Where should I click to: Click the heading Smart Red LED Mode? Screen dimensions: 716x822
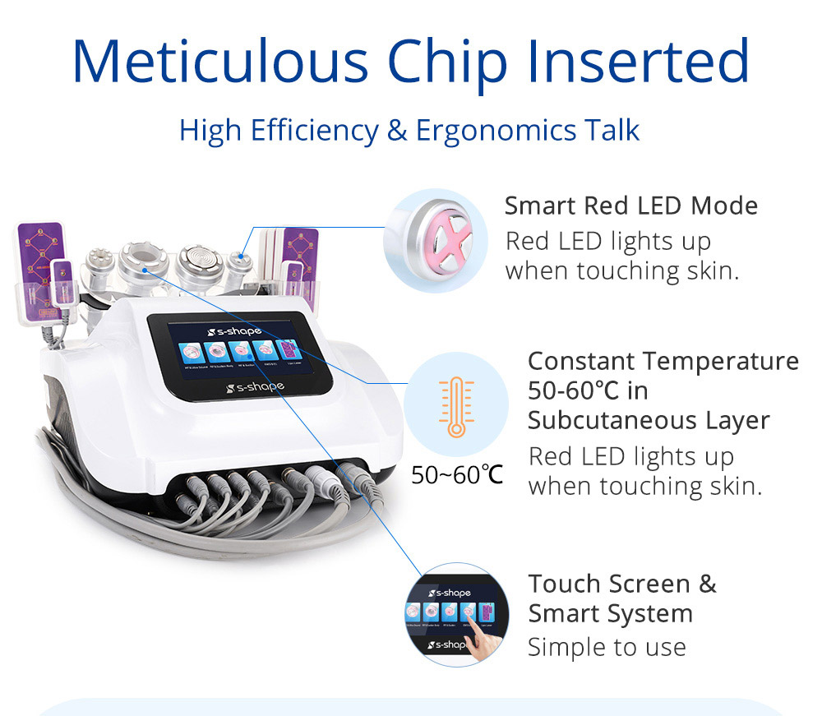pyautogui.click(x=631, y=205)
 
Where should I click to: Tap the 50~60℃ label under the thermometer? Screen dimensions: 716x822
pyautogui.click(x=457, y=474)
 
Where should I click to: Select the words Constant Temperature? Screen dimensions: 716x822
pyautogui.click(x=663, y=361)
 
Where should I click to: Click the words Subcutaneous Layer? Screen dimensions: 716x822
pyautogui.click(x=649, y=420)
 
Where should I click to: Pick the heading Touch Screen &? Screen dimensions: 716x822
pyautogui.click(x=622, y=584)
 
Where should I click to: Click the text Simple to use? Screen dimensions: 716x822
pyautogui.click(x=607, y=647)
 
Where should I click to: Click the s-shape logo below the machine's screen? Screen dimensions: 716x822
pyautogui.click(x=257, y=386)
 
